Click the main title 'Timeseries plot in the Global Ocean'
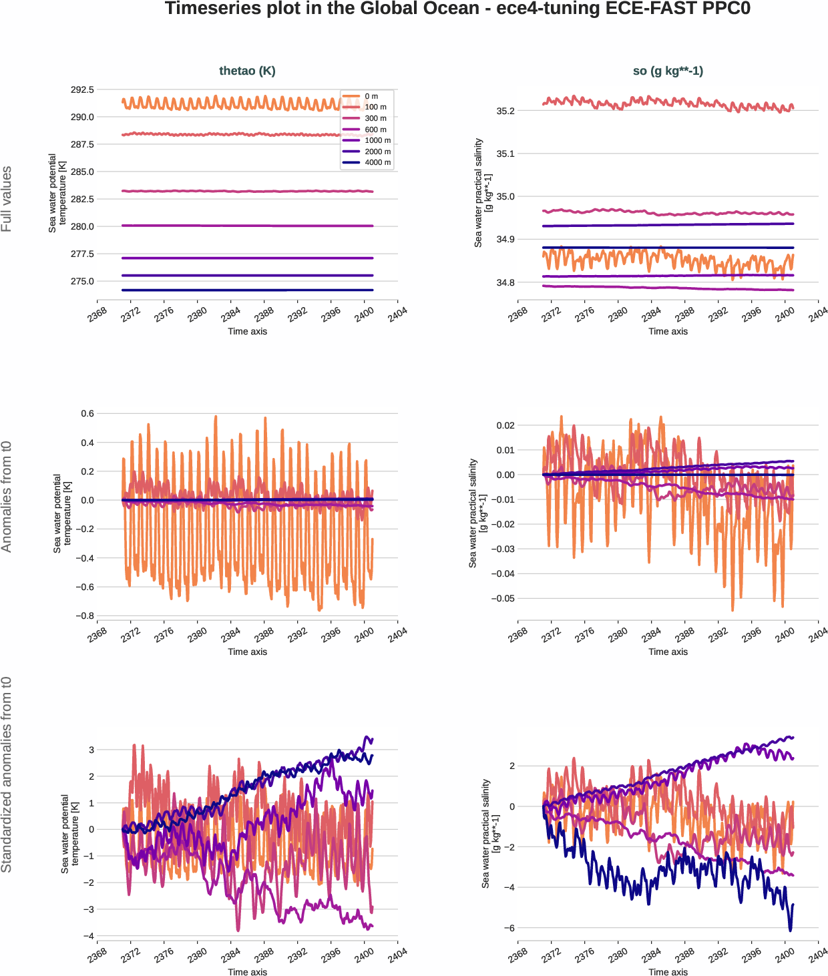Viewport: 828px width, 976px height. [457, 9]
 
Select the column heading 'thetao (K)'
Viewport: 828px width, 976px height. [247, 71]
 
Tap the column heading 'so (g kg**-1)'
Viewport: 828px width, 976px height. [668, 71]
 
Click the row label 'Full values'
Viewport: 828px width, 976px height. [7, 199]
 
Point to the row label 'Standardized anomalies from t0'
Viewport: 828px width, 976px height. [7, 774]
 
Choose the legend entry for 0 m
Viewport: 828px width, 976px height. [371, 96]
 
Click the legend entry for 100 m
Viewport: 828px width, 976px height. [375, 107]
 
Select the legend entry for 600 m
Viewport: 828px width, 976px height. [375, 130]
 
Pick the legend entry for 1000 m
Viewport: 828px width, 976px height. [377, 140]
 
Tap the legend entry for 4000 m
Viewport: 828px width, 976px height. [377, 162]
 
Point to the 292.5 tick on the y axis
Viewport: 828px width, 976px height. [82, 89]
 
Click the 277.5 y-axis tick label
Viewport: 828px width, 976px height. [82, 254]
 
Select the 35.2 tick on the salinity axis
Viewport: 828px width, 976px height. [505, 111]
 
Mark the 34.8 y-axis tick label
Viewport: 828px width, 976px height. [505, 282]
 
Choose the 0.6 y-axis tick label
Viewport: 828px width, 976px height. [87, 413]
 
